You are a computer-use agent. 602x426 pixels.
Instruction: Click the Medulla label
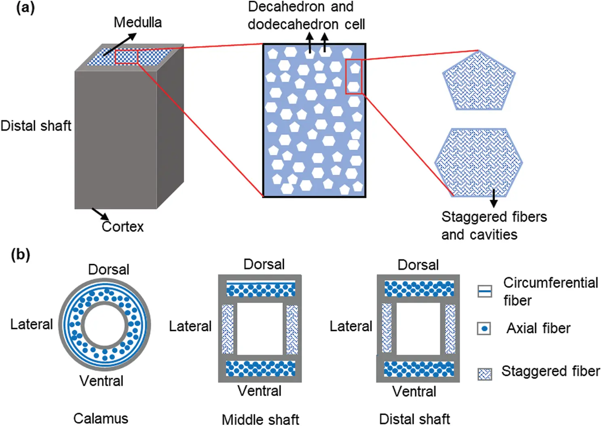[x=137, y=22]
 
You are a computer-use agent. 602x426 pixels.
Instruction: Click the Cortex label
[x=123, y=227]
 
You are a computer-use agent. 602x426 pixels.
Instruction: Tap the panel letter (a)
[x=25, y=8]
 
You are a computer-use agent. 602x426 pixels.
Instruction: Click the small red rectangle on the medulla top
[x=127, y=57]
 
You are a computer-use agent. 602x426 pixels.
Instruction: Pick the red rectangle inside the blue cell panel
[x=353, y=76]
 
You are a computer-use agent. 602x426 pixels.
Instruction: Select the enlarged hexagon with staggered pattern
[x=479, y=162]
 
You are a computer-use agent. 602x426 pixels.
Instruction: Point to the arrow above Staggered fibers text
[x=493, y=198]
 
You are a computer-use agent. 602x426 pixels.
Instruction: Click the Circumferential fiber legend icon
[x=484, y=291]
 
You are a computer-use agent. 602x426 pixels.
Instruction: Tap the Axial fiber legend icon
[x=484, y=328]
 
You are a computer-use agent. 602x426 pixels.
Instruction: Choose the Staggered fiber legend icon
[x=484, y=374]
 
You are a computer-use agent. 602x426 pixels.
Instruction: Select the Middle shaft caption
[x=260, y=419]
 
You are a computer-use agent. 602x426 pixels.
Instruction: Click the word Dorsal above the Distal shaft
[x=418, y=265]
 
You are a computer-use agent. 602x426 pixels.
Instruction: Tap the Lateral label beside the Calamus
[x=32, y=324]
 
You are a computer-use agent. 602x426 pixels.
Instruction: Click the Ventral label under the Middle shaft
[x=260, y=391]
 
